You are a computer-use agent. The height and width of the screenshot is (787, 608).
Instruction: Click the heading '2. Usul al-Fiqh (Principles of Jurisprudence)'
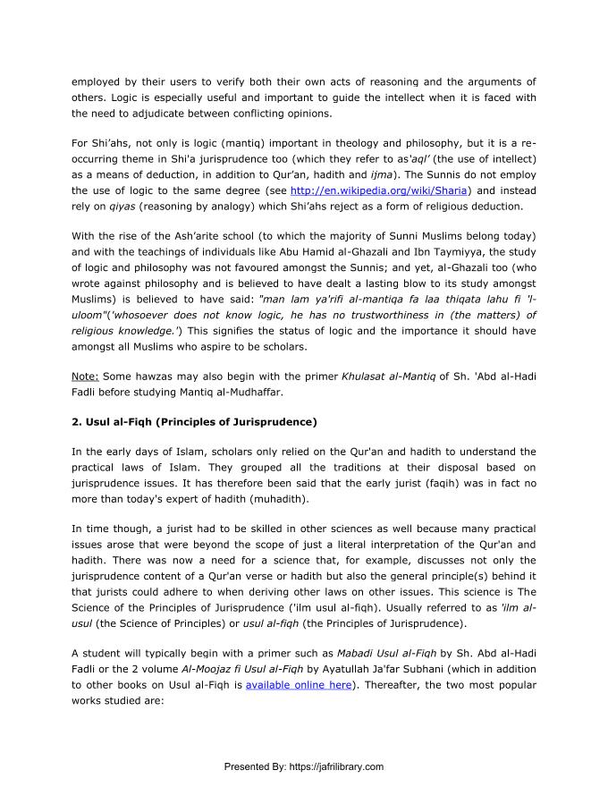(195, 421)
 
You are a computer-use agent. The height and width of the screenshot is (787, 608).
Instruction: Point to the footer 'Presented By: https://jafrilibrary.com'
(303, 766)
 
